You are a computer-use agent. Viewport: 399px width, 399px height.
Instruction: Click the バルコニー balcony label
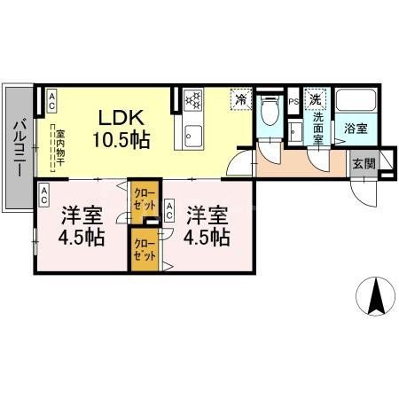[x=18, y=147]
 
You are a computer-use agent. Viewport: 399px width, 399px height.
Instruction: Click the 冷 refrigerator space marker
[x=240, y=100]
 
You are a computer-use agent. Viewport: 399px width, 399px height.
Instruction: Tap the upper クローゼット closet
[x=142, y=196]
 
